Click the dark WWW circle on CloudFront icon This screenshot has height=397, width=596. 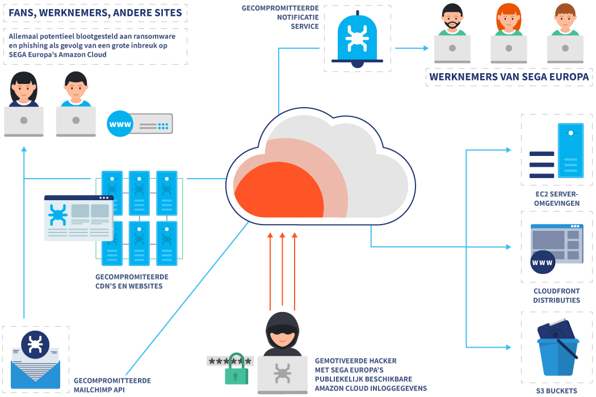click(x=542, y=263)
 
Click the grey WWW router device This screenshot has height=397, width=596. click(x=140, y=124)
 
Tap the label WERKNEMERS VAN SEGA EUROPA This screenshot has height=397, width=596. click(x=509, y=78)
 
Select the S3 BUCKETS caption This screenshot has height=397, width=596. click(x=556, y=391)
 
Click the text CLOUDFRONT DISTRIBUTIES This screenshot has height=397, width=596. click(x=556, y=295)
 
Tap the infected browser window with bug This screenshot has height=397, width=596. click(x=79, y=218)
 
